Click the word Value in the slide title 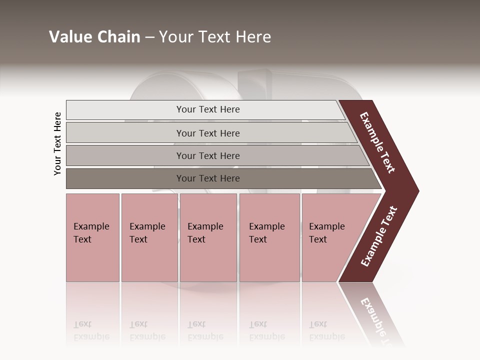pyautogui.click(x=70, y=37)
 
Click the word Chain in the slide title pyautogui.click(x=118, y=37)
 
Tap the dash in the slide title pyautogui.click(x=149, y=37)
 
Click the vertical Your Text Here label pyautogui.click(x=57, y=143)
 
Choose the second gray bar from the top pyautogui.click(x=207, y=133)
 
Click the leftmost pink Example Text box pyautogui.click(x=92, y=237)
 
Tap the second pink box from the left pyautogui.click(x=149, y=237)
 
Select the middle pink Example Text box pyautogui.click(x=208, y=237)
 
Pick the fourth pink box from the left pyautogui.click(x=269, y=237)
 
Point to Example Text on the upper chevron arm pyautogui.click(x=377, y=142)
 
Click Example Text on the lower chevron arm pyautogui.click(x=379, y=236)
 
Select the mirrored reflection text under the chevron pyautogui.click(x=377, y=320)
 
